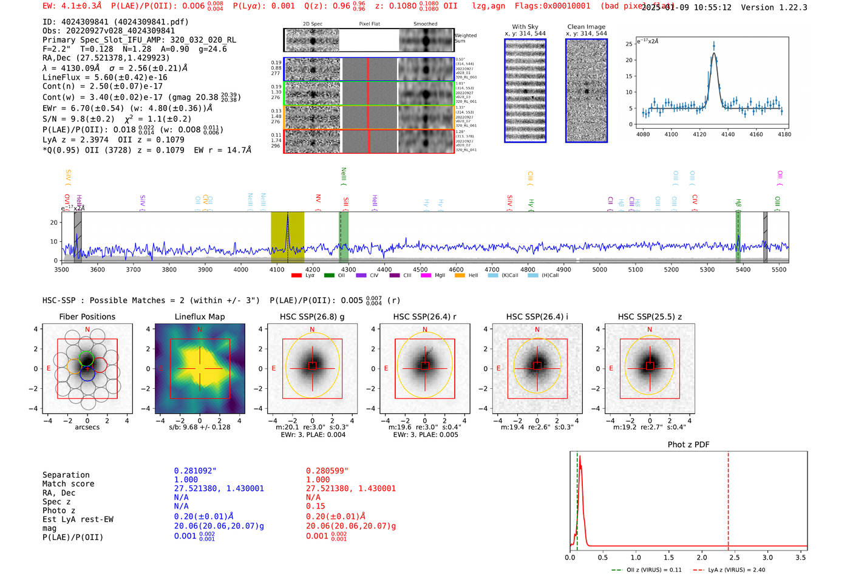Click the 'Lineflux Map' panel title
coord(199,317)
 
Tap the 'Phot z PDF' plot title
coord(688,445)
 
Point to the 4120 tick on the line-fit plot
coord(699,134)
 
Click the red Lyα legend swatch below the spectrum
coord(296,275)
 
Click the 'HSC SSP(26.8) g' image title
coord(311,317)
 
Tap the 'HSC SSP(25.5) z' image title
coord(650,317)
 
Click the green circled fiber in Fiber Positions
coord(86,358)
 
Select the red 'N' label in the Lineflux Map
coord(200,330)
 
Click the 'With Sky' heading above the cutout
coord(525,27)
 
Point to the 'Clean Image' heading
coord(586,27)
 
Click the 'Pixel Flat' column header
coord(369,24)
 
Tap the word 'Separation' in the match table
coord(66,475)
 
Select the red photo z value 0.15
coord(315,506)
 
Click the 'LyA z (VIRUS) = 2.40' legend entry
coord(736,570)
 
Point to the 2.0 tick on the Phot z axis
coord(702,557)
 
